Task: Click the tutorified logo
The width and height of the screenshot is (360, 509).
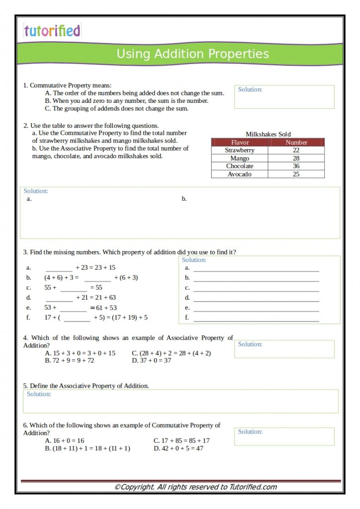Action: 52,31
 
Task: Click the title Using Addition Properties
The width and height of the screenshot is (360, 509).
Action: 192,54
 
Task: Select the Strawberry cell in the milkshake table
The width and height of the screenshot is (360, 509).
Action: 240,150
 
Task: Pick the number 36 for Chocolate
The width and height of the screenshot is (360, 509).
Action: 296,166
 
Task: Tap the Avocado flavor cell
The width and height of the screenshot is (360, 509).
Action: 240,174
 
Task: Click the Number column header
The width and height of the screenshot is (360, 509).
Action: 296,142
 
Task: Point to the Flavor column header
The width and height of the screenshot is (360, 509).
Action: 240,142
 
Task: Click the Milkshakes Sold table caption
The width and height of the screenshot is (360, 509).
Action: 268,134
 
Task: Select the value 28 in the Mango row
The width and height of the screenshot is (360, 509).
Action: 296,158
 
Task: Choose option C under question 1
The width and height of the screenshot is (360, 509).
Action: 116,108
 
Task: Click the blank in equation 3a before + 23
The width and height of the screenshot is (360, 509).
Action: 59,268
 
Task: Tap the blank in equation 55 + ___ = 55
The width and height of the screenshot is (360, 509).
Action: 74,288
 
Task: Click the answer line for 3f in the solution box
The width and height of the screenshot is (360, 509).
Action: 256,318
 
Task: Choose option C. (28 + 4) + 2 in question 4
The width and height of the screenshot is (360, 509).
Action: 171,353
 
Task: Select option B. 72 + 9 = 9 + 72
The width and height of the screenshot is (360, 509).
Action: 70,360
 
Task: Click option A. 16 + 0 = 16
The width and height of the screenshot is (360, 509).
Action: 65,440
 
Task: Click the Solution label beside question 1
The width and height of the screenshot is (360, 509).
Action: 250,89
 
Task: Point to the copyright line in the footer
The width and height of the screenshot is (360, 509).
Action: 195,487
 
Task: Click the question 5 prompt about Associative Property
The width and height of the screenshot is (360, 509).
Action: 86,386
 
